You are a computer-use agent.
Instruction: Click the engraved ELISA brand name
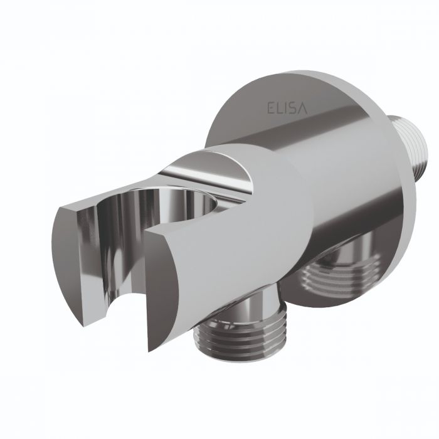287,108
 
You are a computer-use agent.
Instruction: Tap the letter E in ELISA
270,108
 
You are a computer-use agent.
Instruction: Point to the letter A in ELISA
302,108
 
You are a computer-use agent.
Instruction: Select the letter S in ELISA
291,108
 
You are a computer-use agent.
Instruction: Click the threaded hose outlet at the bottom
240,338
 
